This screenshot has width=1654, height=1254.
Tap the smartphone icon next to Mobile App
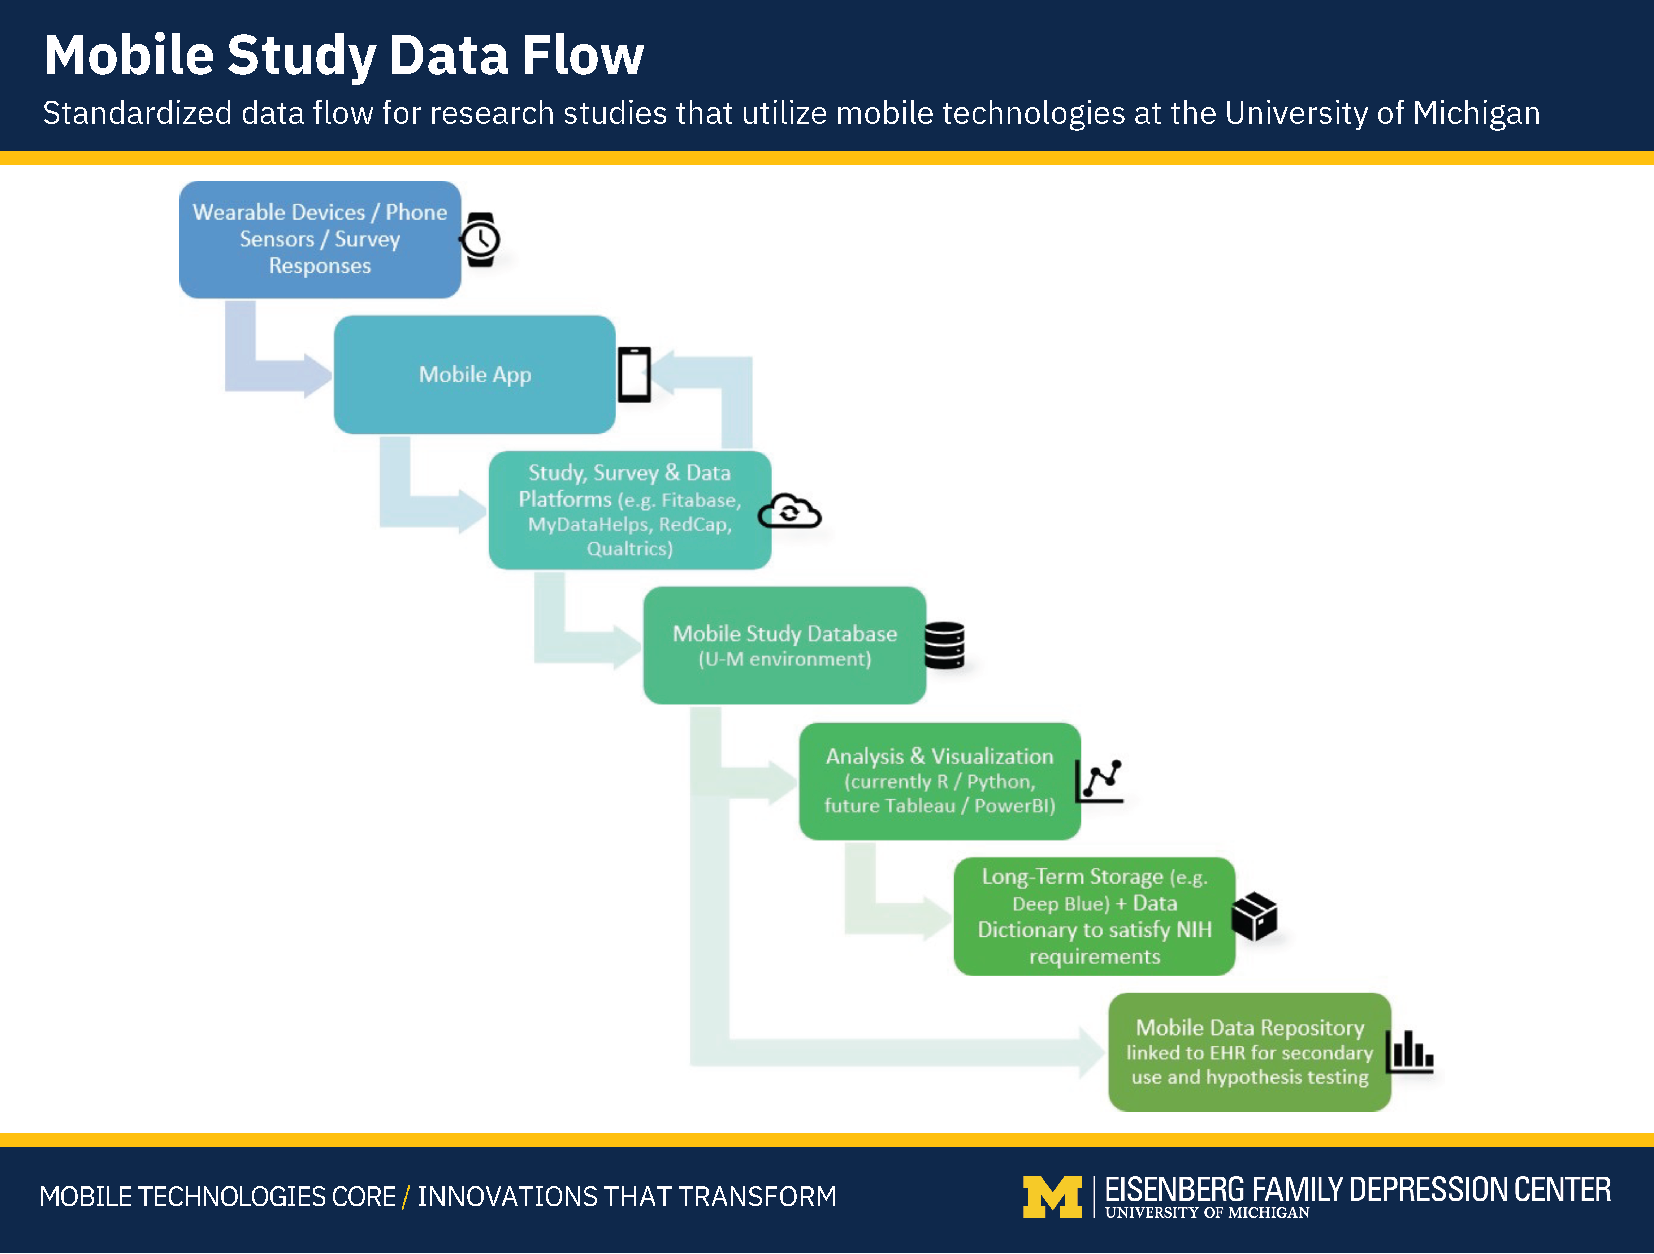[634, 375]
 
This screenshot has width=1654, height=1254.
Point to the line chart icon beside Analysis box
[1099, 781]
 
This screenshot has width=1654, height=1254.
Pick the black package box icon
[1254, 916]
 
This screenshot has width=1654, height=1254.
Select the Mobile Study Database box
[784, 645]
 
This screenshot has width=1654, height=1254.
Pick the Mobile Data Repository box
[1250, 1052]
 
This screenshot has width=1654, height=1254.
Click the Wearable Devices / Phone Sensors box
[320, 239]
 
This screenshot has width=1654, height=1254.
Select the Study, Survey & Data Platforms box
[629, 510]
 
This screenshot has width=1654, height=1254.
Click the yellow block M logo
[1052, 1197]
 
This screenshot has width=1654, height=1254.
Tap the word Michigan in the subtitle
[1476, 114]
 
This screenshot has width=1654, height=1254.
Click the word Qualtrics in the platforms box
[629, 549]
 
